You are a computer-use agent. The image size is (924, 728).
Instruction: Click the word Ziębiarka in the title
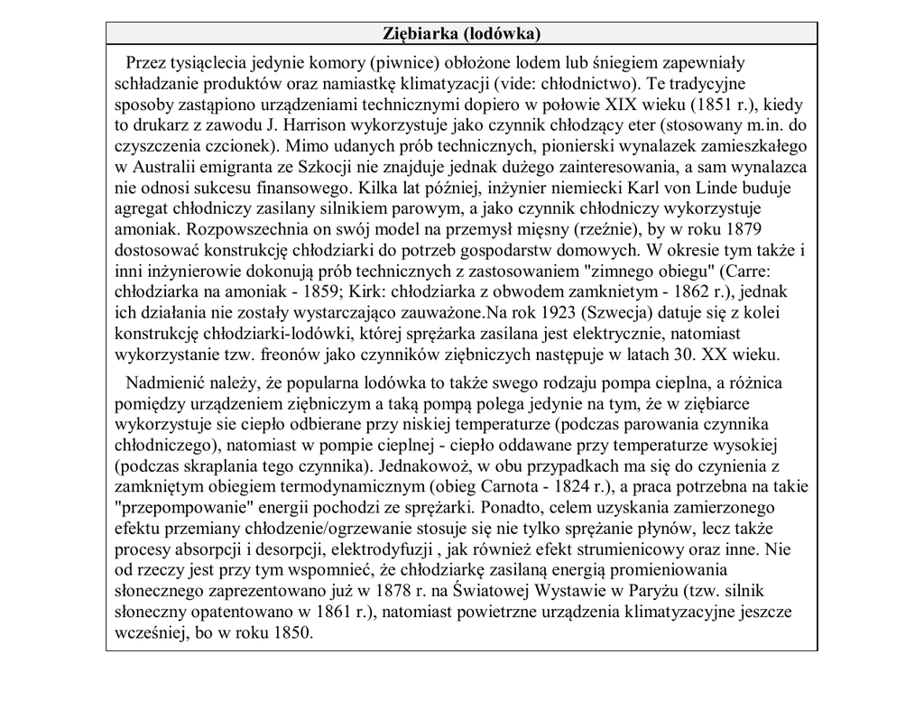(x=421, y=34)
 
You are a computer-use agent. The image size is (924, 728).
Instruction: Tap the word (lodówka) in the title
(x=502, y=34)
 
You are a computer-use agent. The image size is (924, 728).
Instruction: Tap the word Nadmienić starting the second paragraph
(x=166, y=383)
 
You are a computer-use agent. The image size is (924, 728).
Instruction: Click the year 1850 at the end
(x=288, y=632)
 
